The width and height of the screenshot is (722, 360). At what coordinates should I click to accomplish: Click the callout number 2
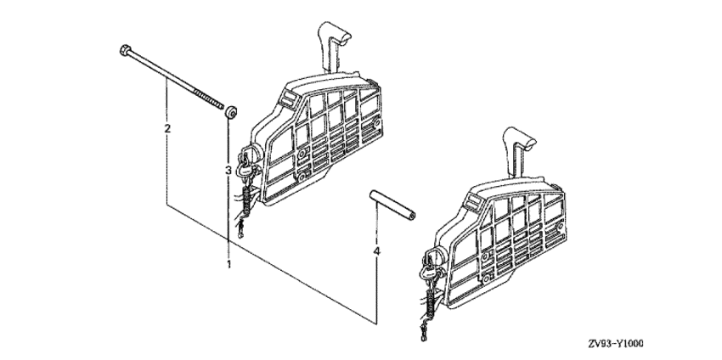(x=167, y=128)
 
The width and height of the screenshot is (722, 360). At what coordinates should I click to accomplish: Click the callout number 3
(x=228, y=171)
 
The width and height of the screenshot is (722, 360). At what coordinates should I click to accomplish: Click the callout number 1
(x=228, y=264)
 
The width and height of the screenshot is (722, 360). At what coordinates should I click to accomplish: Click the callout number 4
(x=376, y=251)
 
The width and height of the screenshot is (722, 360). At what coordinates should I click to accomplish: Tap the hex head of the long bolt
(x=124, y=50)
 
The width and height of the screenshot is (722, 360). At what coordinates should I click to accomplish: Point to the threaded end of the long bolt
(x=209, y=99)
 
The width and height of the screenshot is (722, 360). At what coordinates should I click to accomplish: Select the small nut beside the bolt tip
(x=231, y=112)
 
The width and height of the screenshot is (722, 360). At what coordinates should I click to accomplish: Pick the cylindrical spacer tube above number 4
(x=392, y=205)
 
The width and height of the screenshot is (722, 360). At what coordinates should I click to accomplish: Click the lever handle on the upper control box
(x=333, y=45)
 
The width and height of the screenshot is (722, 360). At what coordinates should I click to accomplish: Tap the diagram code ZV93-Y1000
(x=616, y=343)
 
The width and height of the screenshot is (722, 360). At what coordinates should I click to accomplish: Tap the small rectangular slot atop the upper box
(x=288, y=98)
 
